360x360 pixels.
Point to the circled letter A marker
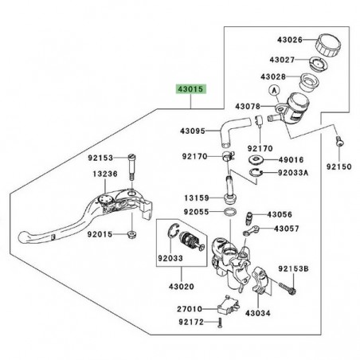pos(276,91)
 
